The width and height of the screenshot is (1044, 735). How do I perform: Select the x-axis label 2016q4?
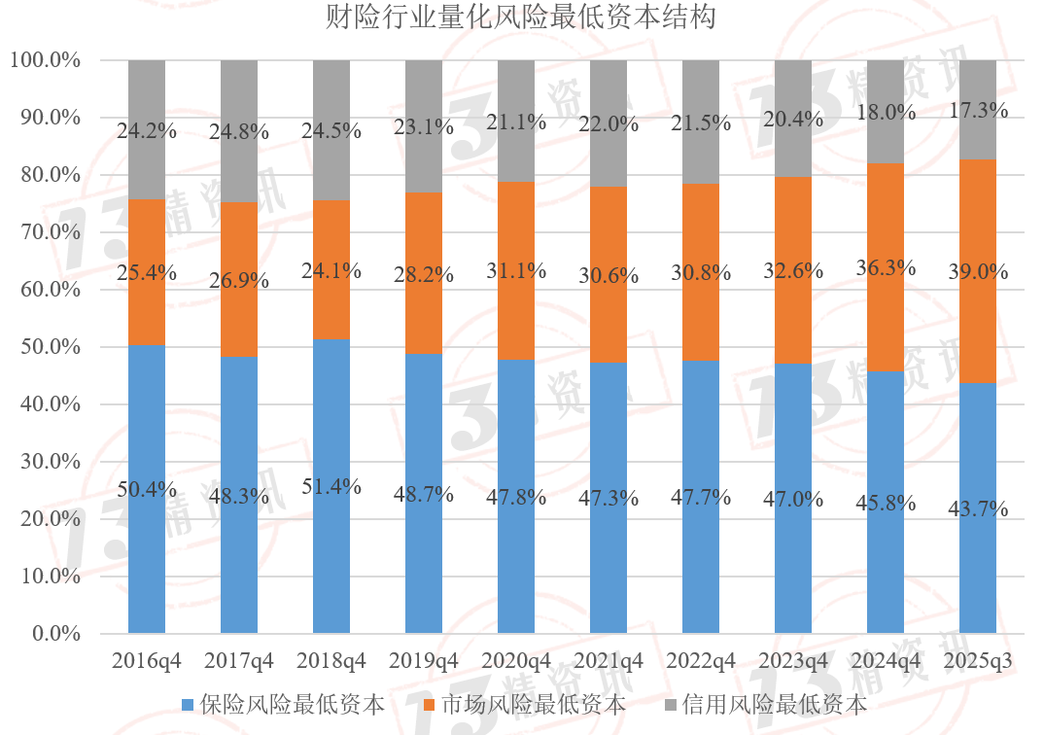(147, 661)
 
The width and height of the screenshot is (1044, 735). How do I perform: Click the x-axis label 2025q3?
(978, 661)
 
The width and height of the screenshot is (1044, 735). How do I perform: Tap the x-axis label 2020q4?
(516, 661)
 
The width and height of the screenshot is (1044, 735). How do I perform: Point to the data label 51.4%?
(331, 487)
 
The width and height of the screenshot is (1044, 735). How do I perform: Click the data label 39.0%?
(978, 273)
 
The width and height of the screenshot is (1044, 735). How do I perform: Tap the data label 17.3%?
(978, 111)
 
